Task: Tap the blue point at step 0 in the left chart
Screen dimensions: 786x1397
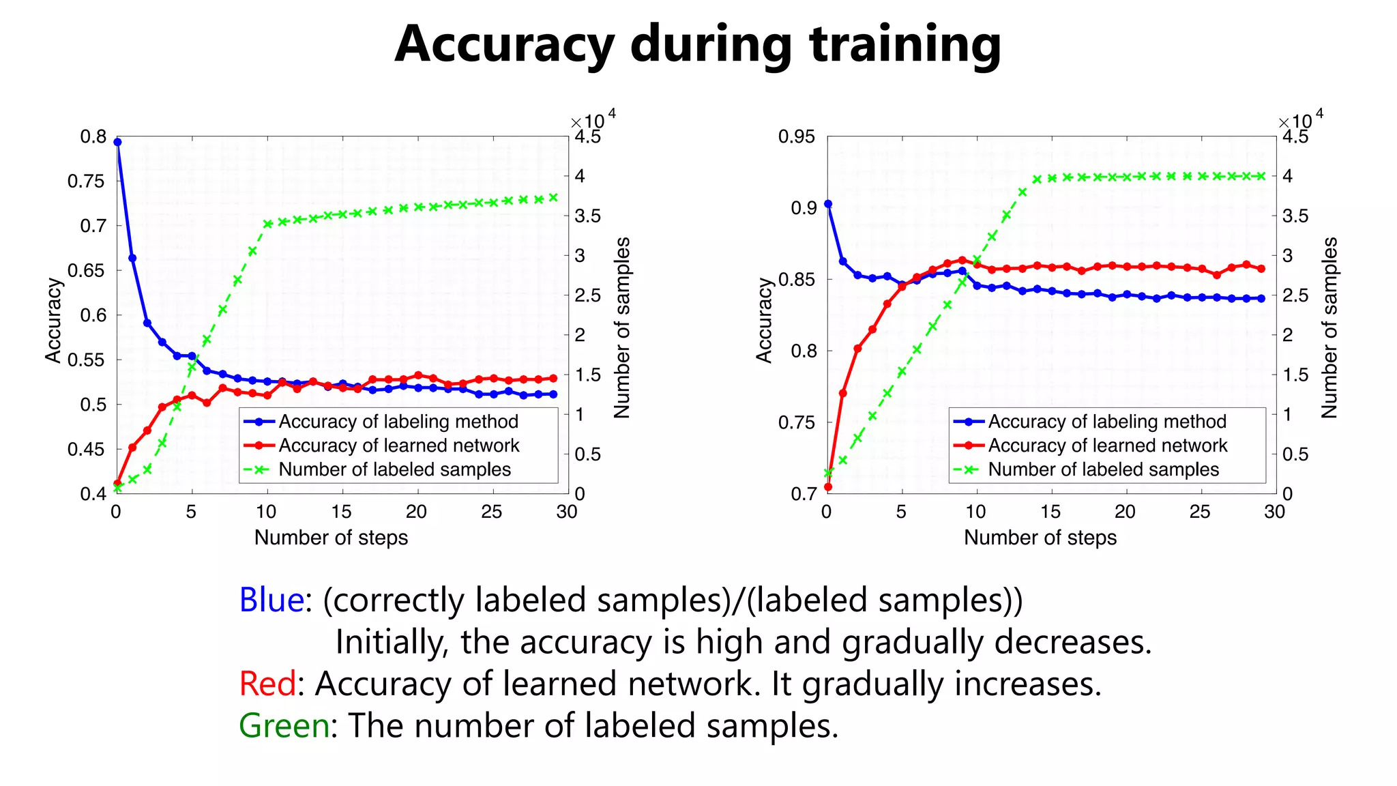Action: point(117,142)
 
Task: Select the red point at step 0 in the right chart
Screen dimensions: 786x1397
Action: point(828,487)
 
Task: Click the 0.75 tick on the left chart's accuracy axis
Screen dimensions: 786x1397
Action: point(86,181)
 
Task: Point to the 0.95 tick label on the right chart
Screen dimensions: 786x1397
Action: point(796,136)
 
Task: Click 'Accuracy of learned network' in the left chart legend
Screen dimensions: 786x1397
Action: point(398,446)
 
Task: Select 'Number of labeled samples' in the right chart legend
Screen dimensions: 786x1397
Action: point(1103,469)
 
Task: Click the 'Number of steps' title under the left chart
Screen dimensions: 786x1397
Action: point(331,538)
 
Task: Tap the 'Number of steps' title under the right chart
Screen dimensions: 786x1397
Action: point(1040,538)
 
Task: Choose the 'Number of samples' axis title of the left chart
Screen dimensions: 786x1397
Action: point(621,327)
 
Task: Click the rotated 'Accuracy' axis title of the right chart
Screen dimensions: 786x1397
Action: point(764,320)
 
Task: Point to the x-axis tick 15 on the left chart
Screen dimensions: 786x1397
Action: point(341,512)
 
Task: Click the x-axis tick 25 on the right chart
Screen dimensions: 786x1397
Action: point(1200,512)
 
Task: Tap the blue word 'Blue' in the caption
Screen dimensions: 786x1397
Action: point(271,600)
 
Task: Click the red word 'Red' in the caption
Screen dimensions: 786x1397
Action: point(267,684)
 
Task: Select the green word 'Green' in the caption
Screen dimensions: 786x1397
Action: point(284,725)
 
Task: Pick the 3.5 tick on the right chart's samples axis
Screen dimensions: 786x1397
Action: point(1295,216)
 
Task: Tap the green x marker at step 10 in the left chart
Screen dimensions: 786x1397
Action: point(267,224)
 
